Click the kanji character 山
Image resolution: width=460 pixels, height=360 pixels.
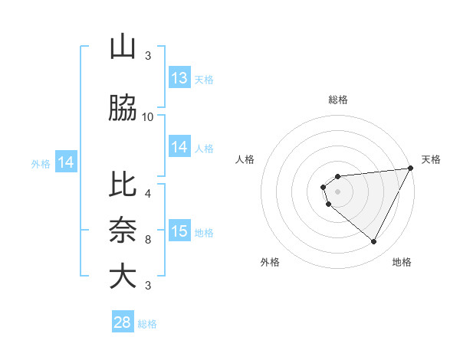[123, 47]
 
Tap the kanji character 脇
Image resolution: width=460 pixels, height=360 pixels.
[123, 110]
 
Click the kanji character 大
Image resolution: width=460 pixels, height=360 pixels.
[123, 276]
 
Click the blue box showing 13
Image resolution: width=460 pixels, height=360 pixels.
[179, 78]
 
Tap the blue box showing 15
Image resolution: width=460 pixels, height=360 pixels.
[179, 232]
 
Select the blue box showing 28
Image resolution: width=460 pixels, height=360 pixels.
[123, 322]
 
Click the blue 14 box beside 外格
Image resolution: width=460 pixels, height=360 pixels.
[66, 162]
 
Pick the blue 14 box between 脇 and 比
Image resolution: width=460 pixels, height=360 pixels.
[179, 148]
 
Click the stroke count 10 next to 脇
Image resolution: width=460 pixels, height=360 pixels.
[148, 117]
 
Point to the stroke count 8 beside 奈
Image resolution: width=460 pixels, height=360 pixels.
[148, 240]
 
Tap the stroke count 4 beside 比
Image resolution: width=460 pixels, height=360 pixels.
[148, 194]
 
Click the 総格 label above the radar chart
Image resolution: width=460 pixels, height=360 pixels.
[337, 100]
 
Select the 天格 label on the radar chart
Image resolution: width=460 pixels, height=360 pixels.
[431, 159]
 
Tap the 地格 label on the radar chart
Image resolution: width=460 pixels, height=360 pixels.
[402, 262]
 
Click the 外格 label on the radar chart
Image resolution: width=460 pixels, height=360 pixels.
[270, 262]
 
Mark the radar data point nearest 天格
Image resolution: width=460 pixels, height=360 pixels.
[410, 168]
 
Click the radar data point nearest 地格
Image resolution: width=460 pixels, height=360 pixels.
[373, 242]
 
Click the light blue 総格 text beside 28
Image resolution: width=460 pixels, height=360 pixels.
[147, 324]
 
